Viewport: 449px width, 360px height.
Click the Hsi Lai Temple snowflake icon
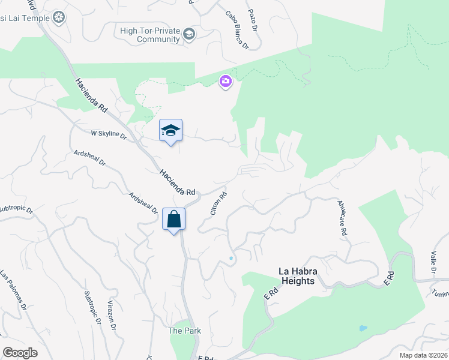coord(59,17)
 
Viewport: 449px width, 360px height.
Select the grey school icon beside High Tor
coord(189,34)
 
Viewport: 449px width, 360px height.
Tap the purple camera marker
coord(226,82)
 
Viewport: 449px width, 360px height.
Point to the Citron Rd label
coord(218,203)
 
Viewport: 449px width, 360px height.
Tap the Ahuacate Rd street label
coord(343,217)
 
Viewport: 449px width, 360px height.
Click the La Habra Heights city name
coord(297,276)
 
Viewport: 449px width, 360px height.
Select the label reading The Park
coord(184,331)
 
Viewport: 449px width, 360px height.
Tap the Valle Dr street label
coord(433,265)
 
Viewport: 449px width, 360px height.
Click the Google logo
coord(20,353)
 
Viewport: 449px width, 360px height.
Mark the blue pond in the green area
coord(362,328)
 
